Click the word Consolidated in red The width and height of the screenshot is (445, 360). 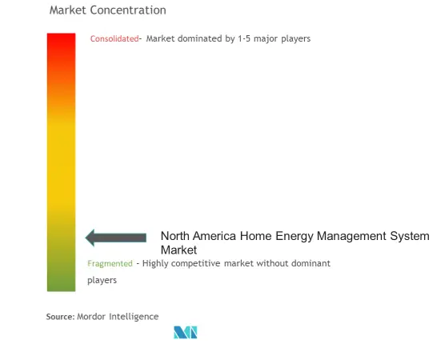pyautogui.click(x=114, y=38)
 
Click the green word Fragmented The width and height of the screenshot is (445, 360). pyautogui.click(x=110, y=263)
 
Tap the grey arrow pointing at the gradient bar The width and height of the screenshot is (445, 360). pyautogui.click(x=116, y=238)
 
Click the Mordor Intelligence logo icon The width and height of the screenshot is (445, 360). pyautogui.click(x=186, y=332)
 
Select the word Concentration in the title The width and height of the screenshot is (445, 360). pyautogui.click(x=128, y=10)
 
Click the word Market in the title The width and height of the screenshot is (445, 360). pyautogui.click(x=68, y=10)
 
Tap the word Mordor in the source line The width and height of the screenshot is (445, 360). pyautogui.click(x=91, y=317)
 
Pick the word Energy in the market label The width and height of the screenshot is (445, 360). pyautogui.click(x=295, y=236)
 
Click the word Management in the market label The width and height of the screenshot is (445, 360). pyautogui.click(x=351, y=236)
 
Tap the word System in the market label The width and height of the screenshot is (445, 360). pyautogui.click(x=410, y=236)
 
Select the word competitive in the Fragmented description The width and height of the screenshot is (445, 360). pyautogui.click(x=196, y=263)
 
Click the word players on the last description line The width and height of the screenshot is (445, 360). pyautogui.click(x=102, y=280)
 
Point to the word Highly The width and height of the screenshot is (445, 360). pyautogui.click(x=155, y=263)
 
